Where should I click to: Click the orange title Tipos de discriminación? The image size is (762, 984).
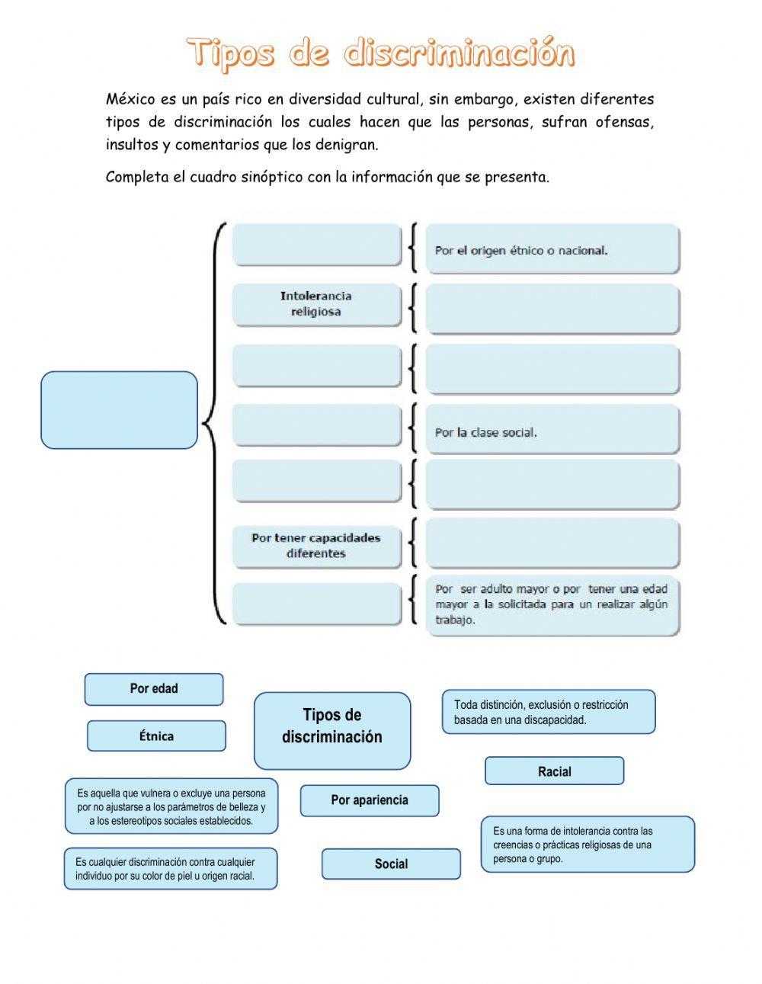[x=380, y=53]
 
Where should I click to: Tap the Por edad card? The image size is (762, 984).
[x=154, y=689]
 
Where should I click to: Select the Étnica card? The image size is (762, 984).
[x=156, y=736]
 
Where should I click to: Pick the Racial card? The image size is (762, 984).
[x=554, y=771]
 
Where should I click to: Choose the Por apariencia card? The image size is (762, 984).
[x=370, y=800]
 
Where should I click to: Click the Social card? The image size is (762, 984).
[x=391, y=864]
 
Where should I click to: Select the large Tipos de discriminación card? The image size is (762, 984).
[x=332, y=730]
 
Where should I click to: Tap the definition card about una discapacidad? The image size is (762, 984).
[x=548, y=713]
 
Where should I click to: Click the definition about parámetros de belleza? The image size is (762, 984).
[x=171, y=807]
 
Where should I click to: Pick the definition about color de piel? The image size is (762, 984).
[x=171, y=869]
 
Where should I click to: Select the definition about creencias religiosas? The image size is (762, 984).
[x=588, y=845]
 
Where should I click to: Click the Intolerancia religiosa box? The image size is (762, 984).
[x=316, y=304]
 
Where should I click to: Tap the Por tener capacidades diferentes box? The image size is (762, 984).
[x=316, y=546]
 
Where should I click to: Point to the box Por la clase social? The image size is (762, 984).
[x=552, y=432]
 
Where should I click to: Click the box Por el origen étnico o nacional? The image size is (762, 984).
[x=552, y=249]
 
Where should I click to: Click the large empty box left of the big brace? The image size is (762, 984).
[x=119, y=410]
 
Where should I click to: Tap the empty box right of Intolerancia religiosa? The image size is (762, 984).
[x=552, y=309]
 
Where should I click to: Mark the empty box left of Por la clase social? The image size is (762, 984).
[x=316, y=425]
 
